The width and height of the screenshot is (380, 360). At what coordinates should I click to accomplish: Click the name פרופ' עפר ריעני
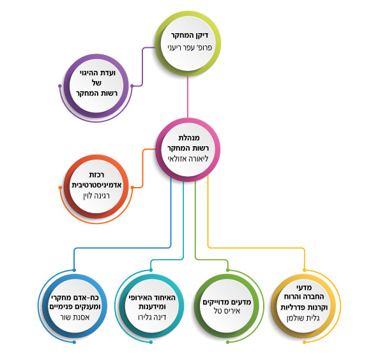pos(190,47)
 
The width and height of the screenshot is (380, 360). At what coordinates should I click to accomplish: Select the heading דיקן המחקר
pos(190,35)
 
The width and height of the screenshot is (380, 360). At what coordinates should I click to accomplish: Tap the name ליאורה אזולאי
pos(188,159)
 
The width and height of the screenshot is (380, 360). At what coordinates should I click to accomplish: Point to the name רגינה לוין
pos(96,196)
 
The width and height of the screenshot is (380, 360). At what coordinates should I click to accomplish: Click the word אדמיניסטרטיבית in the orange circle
pos(96,185)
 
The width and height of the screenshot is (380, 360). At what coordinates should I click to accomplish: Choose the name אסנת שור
pos(75,317)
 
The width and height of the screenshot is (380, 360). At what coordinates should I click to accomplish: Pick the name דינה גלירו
pos(152,317)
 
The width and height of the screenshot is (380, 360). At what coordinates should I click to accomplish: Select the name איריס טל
pos(227,311)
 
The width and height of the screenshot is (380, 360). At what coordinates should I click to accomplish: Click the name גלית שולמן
pos(303,318)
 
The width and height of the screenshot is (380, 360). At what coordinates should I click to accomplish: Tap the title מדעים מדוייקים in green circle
pos(227,302)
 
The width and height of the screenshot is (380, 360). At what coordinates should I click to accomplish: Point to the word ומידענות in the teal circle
pos(152,307)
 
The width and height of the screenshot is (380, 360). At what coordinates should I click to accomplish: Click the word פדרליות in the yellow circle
pos(292,308)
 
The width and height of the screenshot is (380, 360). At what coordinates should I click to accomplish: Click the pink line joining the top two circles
pos(188,97)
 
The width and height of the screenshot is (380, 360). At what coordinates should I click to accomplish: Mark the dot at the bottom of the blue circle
pos(74,342)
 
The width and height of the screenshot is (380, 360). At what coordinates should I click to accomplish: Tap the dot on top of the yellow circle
pos(305,270)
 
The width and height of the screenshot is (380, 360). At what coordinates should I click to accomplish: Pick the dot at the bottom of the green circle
pos(227,342)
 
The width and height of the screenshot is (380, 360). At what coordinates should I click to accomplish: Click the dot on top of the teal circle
pos(151,270)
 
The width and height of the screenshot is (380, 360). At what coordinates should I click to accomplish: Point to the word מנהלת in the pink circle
pos(189,138)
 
